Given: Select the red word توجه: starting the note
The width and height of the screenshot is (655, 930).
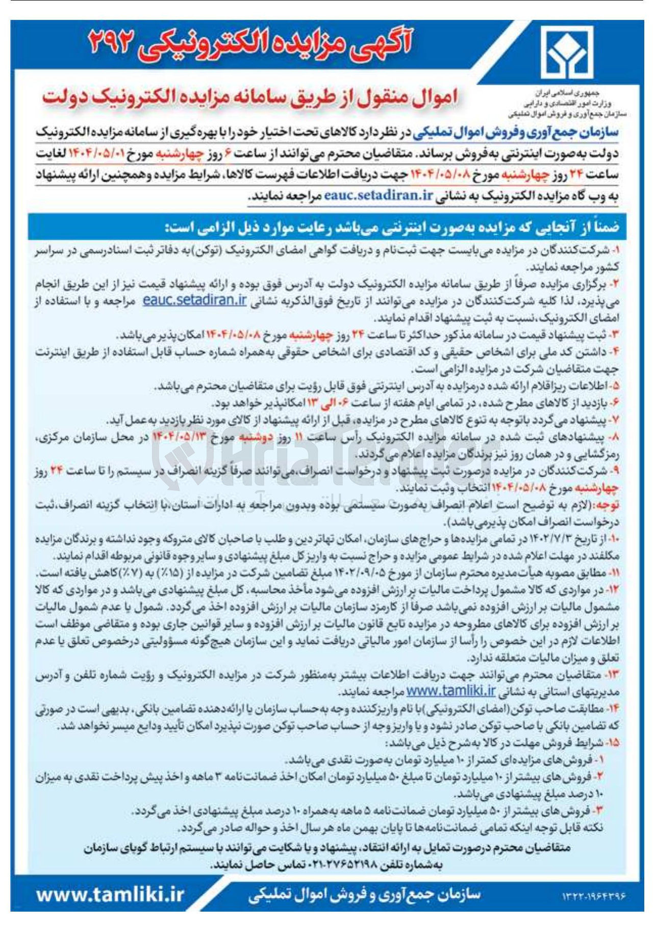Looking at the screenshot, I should click(x=609, y=505).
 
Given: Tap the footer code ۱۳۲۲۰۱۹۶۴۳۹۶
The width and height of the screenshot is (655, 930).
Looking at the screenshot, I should click(x=593, y=896).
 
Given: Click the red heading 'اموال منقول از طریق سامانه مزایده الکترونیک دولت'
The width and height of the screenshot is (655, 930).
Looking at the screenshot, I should click(x=250, y=98).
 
